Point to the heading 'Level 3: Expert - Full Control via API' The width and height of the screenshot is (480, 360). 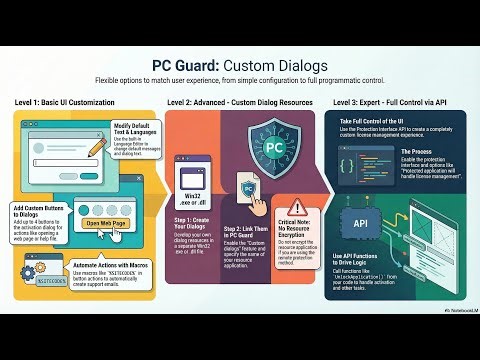pyautogui.click(x=395, y=103)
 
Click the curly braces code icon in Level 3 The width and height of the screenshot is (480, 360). pyautogui.click(x=356, y=163)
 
